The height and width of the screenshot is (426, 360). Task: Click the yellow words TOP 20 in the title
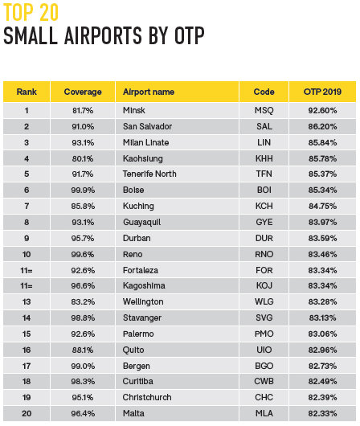31,13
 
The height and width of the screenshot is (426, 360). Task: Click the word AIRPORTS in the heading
103,35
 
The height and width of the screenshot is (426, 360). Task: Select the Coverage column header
83,92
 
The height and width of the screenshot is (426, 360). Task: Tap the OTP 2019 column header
322,92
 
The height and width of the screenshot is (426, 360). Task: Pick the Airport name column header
149,92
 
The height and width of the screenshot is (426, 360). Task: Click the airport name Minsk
133,110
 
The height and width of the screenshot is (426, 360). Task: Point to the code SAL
264,126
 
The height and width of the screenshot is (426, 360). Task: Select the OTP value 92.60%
322,110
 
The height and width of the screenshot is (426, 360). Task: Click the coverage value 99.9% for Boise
83,190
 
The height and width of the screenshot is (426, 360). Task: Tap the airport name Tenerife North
149,174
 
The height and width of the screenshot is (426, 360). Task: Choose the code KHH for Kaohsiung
264,158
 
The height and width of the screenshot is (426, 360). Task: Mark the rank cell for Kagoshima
27,286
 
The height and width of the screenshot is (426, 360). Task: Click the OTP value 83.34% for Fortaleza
322,270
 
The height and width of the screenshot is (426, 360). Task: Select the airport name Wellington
143,302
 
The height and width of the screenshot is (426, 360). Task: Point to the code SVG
264,317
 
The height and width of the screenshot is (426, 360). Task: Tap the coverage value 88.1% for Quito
83,350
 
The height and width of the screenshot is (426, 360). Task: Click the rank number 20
27,413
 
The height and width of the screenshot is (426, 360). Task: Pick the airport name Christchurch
147,398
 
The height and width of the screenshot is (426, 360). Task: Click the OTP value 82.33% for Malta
322,413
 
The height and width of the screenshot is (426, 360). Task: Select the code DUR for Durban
264,238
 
